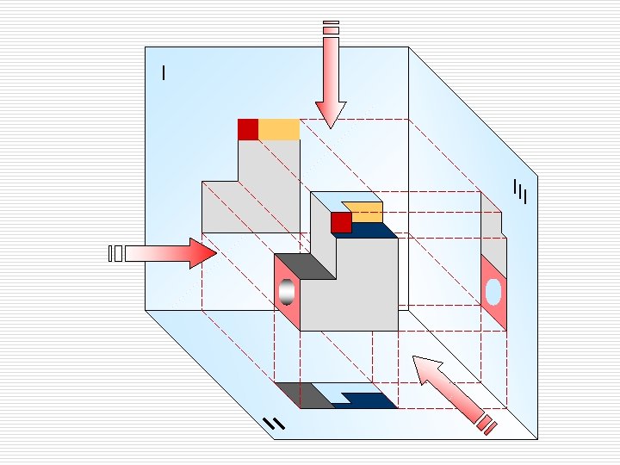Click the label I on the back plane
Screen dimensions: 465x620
point(164,73)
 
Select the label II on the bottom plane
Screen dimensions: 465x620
point(273,423)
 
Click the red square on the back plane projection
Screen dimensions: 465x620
point(248,129)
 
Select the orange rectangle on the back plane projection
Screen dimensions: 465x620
point(279,129)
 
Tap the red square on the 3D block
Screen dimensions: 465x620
point(341,222)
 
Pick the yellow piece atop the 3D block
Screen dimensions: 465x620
point(365,213)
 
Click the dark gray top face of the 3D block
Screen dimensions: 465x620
point(306,267)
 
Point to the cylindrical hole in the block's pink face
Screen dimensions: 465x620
point(287,293)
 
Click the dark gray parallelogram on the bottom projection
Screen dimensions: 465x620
point(305,395)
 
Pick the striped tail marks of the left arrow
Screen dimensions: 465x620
point(115,253)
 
